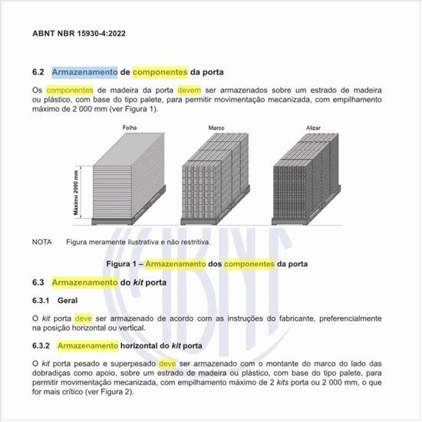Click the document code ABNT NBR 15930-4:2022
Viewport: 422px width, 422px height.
[80, 35]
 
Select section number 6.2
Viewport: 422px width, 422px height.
[39, 72]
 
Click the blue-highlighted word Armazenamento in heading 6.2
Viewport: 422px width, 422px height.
[84, 72]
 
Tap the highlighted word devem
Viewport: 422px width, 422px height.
[193, 91]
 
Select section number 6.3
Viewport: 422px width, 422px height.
[39, 282]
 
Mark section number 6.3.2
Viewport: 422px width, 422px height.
[41, 345]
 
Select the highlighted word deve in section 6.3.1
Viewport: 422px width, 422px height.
[84, 318]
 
